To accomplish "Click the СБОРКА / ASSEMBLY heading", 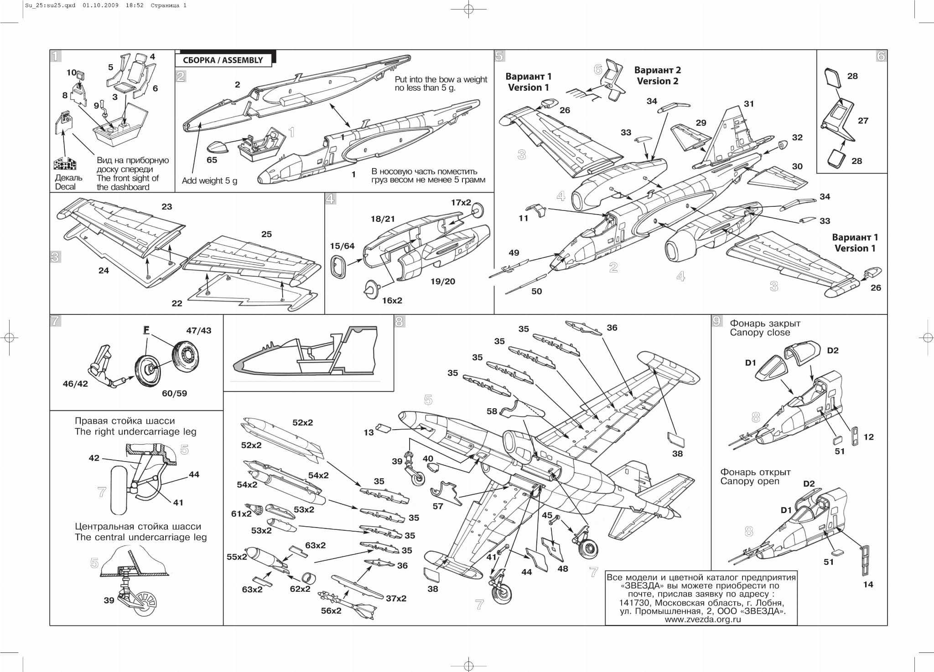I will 223,60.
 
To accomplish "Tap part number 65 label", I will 212,160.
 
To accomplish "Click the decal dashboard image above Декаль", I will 65,164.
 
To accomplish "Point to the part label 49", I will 514,253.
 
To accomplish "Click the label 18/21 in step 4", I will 382,219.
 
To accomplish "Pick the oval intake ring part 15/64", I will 337,266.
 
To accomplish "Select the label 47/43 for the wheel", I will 198,331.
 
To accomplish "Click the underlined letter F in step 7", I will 146,329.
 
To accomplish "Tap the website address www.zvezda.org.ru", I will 702,620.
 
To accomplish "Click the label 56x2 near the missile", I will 331,610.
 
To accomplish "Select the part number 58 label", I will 492,411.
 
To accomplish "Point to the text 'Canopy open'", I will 750,481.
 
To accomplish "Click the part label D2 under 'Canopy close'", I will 832,350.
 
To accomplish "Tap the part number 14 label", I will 868,585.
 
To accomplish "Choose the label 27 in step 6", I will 862,121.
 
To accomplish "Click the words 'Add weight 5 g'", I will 209,181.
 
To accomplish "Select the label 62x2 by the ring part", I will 300,589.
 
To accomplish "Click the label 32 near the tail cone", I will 797,138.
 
